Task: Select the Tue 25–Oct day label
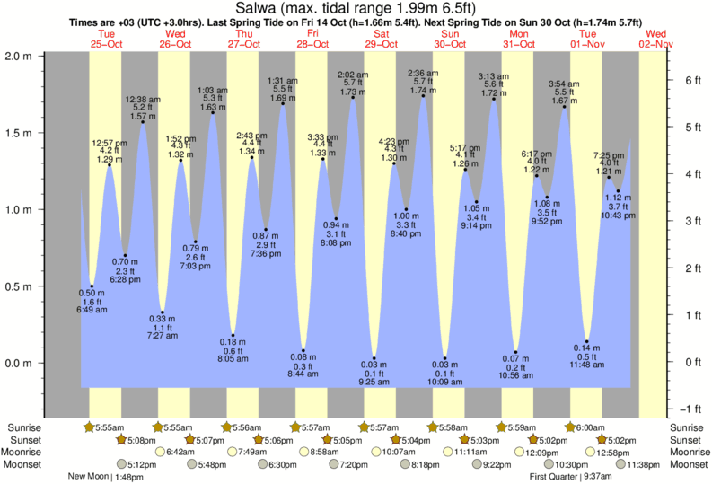point(106,38)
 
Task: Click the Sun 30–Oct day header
point(449,38)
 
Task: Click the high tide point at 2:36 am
point(424,96)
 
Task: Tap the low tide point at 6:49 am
point(92,286)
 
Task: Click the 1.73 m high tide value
point(354,92)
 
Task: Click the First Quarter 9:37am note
point(571,477)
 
